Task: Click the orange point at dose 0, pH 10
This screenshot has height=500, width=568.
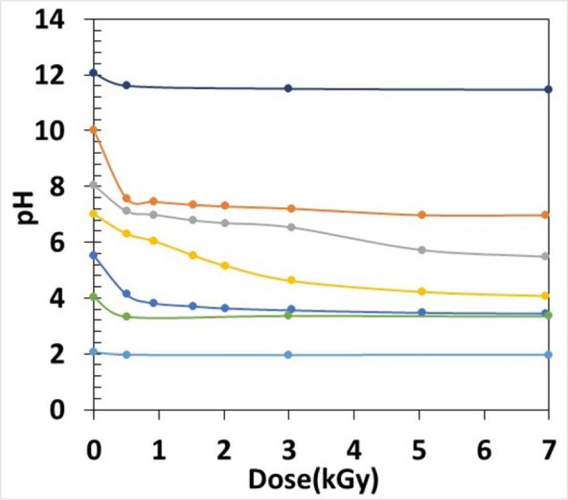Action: pyautogui.click(x=94, y=130)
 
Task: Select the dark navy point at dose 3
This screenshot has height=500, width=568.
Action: pyautogui.click(x=288, y=89)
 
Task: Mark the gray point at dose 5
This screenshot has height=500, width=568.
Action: pyautogui.click(x=421, y=250)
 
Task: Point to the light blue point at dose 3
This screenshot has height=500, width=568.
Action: pyautogui.click(x=288, y=355)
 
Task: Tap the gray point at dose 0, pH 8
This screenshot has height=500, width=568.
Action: pyautogui.click(x=94, y=185)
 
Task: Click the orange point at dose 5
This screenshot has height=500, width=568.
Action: pyautogui.click(x=421, y=214)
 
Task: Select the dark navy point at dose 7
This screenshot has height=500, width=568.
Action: pyautogui.click(x=548, y=89)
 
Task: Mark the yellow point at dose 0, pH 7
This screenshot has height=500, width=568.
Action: pyautogui.click(x=94, y=213)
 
